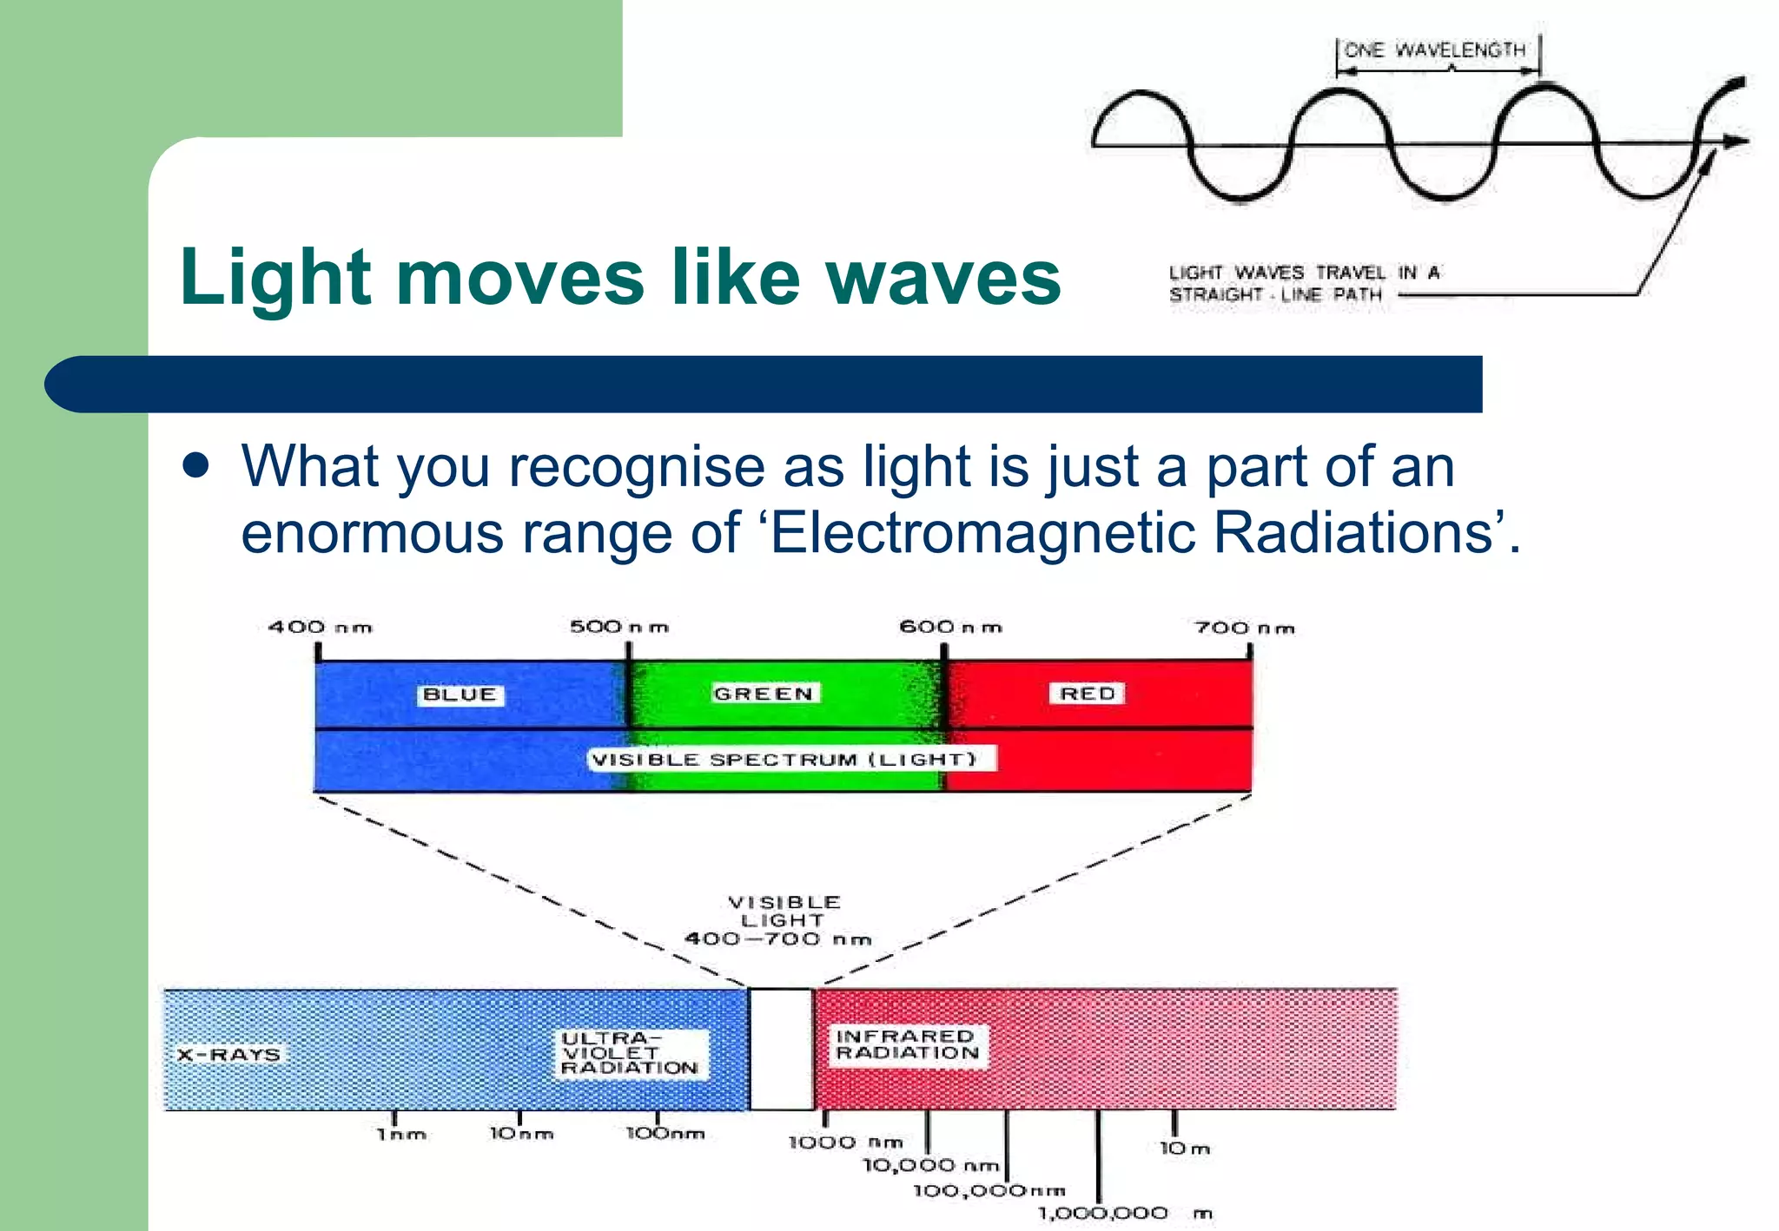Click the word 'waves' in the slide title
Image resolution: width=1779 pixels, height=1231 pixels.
[942, 278]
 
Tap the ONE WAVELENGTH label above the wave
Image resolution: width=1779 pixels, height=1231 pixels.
[1434, 50]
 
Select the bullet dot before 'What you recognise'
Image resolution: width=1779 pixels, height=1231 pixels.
[197, 466]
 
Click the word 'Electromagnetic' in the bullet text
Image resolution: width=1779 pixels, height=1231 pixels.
[982, 532]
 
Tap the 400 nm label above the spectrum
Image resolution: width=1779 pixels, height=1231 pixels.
[320, 627]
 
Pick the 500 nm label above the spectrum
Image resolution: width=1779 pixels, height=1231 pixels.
[618, 627]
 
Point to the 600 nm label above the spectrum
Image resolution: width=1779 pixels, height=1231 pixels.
[949, 627]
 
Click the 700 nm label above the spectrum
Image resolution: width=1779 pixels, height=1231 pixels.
[1244, 628]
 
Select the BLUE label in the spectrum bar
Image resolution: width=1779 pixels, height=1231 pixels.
[460, 694]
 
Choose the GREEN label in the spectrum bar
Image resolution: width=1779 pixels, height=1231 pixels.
[764, 694]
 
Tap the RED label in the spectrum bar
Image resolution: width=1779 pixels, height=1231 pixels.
[1087, 694]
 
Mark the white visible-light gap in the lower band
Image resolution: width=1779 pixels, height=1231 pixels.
[781, 1049]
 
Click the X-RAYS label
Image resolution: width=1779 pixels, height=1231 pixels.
[228, 1055]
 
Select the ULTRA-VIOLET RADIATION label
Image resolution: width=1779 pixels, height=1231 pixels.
[630, 1053]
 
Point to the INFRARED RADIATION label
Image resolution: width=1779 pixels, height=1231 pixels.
[906, 1044]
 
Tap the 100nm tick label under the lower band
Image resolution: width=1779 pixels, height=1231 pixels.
[665, 1134]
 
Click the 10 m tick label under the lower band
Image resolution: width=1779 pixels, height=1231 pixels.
[1184, 1149]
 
